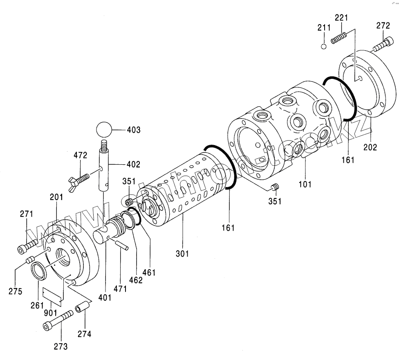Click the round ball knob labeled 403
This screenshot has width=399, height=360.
click(x=105, y=131)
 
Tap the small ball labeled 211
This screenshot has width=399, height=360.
click(x=323, y=46)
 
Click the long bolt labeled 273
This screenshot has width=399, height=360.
click(x=58, y=321)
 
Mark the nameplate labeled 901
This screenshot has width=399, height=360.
click(x=53, y=295)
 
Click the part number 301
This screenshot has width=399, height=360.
click(x=182, y=254)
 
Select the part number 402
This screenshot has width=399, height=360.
click(x=133, y=165)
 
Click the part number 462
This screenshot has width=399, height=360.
click(x=136, y=280)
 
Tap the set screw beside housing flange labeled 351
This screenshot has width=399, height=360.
click(x=275, y=188)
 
